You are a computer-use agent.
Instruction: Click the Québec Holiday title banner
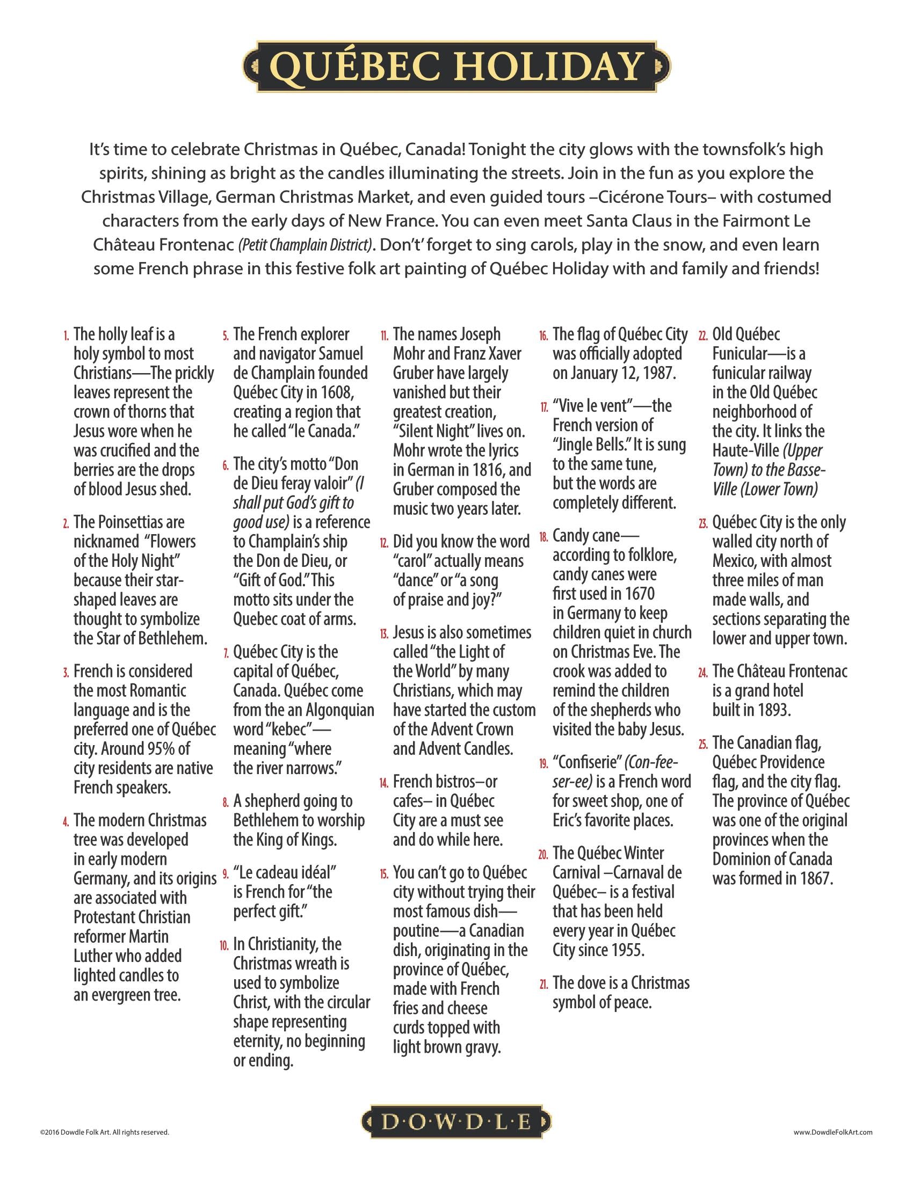456,67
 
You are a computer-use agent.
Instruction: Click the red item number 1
67,337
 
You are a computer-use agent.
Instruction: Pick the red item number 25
702,745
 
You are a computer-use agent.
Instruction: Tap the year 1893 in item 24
774,710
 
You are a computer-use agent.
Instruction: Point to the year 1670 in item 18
637,594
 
